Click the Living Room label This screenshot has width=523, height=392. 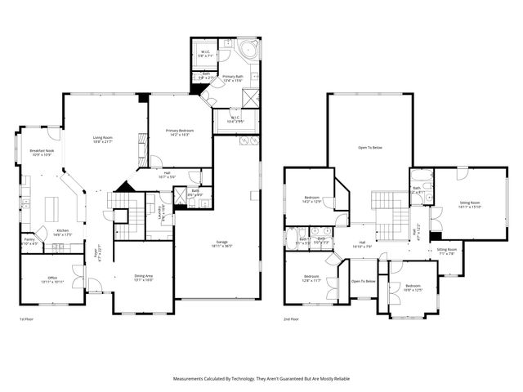coord(102,140)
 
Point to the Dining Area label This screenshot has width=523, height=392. coord(144,278)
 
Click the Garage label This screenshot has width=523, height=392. coord(221,243)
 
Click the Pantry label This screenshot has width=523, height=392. coord(29,242)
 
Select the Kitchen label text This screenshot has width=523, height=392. coord(62,233)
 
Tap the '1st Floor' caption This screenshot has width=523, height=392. coord(27,318)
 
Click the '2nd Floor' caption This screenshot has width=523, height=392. coord(291,318)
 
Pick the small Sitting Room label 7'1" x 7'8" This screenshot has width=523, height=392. coord(446,251)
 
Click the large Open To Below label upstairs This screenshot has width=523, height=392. coord(370,148)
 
